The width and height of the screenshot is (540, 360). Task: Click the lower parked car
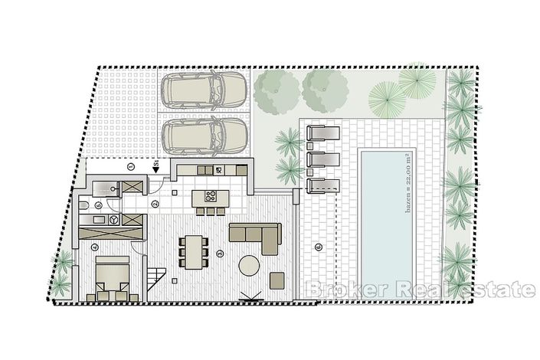click(x=203, y=136)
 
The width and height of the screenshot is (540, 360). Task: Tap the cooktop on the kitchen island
click(x=210, y=196)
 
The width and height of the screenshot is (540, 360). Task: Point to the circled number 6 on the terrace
click(x=318, y=247)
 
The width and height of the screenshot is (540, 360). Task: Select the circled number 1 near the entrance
click(x=131, y=166)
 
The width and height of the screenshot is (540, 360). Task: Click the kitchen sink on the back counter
click(x=218, y=170)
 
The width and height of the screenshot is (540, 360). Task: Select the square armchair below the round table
click(x=277, y=280)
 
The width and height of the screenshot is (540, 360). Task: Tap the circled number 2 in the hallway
click(x=155, y=203)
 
